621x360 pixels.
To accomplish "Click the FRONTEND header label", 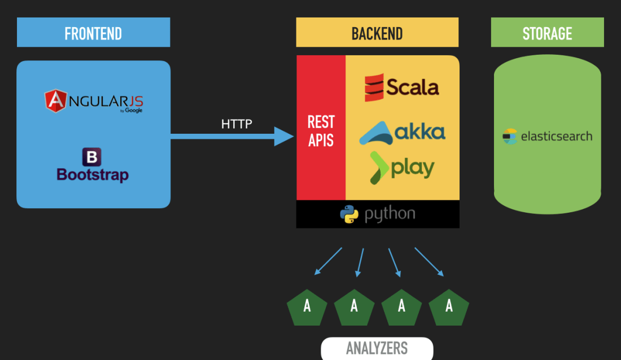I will coord(93,33).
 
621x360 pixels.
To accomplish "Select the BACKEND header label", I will coord(377,33).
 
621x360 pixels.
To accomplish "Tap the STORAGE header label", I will coord(547,33).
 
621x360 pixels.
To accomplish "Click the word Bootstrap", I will coord(93,174).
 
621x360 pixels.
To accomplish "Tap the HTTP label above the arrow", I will coord(237,124).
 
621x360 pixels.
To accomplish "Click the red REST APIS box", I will coord(321,131).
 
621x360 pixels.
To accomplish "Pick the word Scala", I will coord(413,87).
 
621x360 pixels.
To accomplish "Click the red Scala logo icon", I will coord(374,87).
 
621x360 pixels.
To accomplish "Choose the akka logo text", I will coord(420,132).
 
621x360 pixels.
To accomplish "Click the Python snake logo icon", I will coord(349,214).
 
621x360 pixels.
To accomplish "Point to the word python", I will coord(390,214).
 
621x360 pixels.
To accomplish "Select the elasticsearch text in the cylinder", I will coord(556,137).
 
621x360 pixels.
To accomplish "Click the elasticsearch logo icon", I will coord(510,137).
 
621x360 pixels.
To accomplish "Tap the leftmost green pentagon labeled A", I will coord(307,306).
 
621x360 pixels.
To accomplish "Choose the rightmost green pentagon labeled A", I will coord(449,306).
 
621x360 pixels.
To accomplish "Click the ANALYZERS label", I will coord(377,348).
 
